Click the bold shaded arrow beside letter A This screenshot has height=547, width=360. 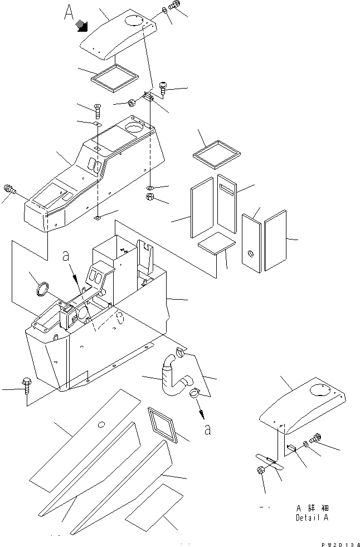click(83, 24)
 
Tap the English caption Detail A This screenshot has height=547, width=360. click(313, 517)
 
